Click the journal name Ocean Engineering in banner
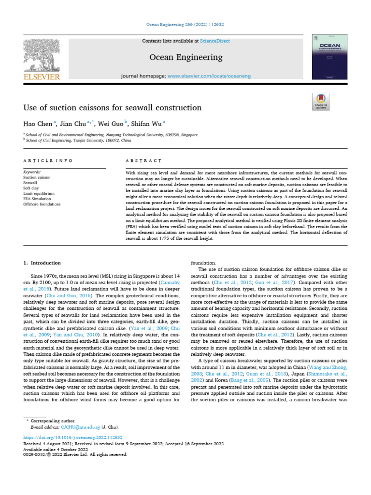point(185,58)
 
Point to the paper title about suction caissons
point(113,107)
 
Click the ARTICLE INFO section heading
point(48,160)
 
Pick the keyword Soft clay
point(33,188)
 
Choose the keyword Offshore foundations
point(42,204)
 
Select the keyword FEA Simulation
point(37,199)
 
